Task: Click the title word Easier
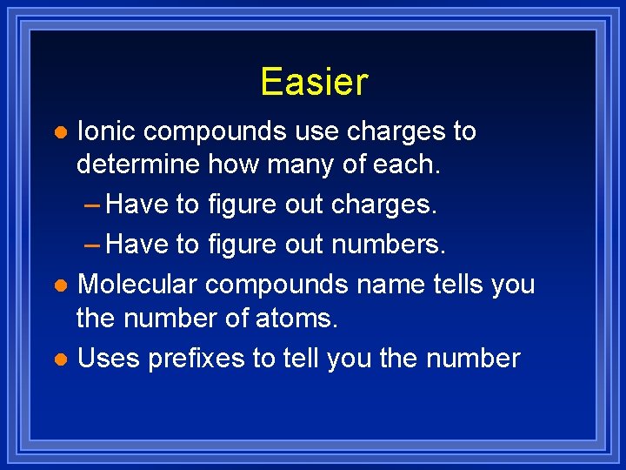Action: click(314, 82)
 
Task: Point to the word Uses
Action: click(110, 358)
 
